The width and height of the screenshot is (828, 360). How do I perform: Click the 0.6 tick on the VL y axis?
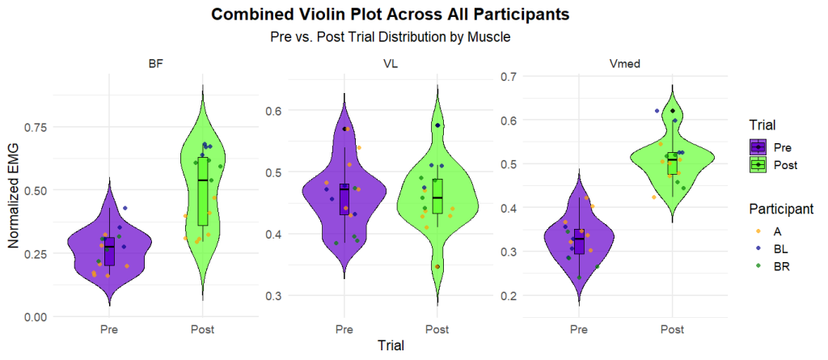pos(274,111)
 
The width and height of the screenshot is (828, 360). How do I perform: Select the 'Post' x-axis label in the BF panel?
pos(202,330)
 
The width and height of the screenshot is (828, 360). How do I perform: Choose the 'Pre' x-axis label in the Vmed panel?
pos(578,330)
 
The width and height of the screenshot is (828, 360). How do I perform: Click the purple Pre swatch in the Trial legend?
pos(758,147)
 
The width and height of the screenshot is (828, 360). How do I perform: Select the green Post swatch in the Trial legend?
pos(758,164)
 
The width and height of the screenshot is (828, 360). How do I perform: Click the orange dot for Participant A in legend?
pos(758,231)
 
